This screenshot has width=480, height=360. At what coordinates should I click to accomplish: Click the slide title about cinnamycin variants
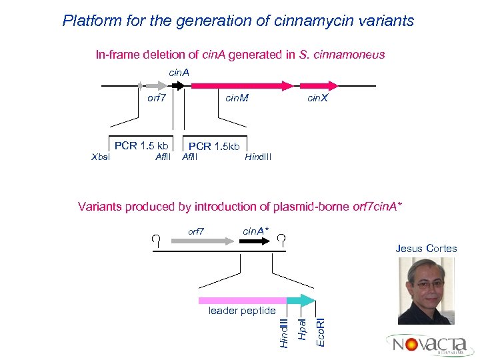click(x=238, y=21)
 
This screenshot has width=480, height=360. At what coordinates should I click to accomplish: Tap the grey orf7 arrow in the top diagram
click(x=156, y=85)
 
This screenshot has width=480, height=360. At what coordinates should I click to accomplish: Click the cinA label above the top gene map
click(x=179, y=72)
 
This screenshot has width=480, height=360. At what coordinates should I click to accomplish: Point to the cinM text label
click(x=237, y=99)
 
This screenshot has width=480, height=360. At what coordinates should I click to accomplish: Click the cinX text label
click(x=318, y=99)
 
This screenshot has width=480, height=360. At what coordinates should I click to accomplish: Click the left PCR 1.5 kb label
click(x=141, y=145)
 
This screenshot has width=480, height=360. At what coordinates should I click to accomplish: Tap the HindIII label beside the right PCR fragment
click(x=258, y=157)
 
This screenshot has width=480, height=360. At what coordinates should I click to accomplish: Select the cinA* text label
click(x=256, y=231)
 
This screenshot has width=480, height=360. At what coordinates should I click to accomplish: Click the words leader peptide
click(x=241, y=311)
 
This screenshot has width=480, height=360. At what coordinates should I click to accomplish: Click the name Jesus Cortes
click(x=426, y=249)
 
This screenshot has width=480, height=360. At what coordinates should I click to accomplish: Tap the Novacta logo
click(x=428, y=344)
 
